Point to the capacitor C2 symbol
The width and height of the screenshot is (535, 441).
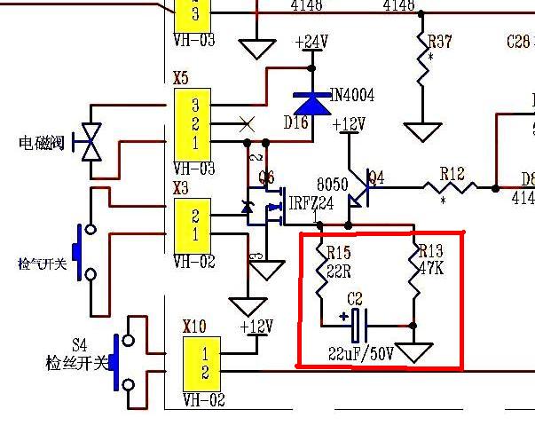click(x=356, y=326)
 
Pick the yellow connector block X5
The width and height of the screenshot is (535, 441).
click(x=194, y=123)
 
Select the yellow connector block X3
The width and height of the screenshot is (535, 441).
click(x=194, y=225)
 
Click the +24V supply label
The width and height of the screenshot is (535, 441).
click(x=311, y=43)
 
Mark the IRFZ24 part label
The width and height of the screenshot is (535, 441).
click(x=311, y=203)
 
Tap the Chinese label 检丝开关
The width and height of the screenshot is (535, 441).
click(x=75, y=363)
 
